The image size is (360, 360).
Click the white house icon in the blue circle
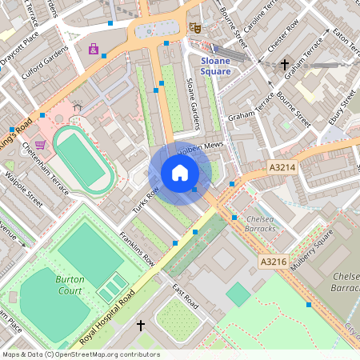coord(180,173)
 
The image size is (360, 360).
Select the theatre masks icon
coord(194,27)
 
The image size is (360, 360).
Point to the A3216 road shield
coord(273,261)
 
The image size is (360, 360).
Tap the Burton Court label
coord(70,285)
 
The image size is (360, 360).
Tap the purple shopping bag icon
coord(94,50)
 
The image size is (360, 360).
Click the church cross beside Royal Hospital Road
coord(142,326)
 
